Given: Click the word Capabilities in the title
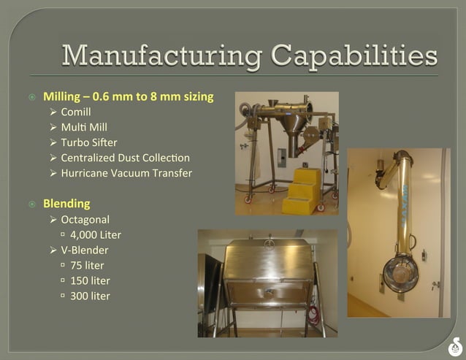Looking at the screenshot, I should pyautogui.click(x=354, y=55).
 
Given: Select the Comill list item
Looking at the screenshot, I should pyautogui.click(x=76, y=112).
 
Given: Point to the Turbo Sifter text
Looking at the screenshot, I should pyautogui.click(x=89, y=142).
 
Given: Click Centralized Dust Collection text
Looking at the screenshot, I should pyautogui.click(x=125, y=158).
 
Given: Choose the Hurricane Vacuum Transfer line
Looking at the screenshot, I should pyautogui.click(x=126, y=173).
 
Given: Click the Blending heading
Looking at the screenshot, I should pyautogui.click(x=66, y=203).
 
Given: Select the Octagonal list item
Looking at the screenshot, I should pyautogui.click(x=85, y=219).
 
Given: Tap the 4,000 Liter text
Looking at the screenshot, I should pyautogui.click(x=96, y=234).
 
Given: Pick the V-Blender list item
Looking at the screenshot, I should pyautogui.click(x=85, y=250).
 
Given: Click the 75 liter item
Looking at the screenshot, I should pyautogui.click(x=87, y=265).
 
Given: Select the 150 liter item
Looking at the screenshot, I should pyautogui.click(x=90, y=280).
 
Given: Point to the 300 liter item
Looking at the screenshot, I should pyautogui.click(x=90, y=296).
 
